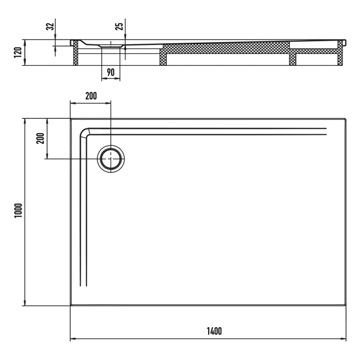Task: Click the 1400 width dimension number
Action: (208, 331)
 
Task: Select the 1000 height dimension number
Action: (17, 211)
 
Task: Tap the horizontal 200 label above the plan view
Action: (91, 96)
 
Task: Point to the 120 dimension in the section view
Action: (17, 52)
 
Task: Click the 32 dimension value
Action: (49, 27)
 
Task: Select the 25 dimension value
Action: (119, 27)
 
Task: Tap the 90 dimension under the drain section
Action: (111, 72)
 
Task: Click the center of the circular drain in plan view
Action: (111, 158)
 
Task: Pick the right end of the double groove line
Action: (326, 132)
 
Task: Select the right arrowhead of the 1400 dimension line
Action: (345, 339)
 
